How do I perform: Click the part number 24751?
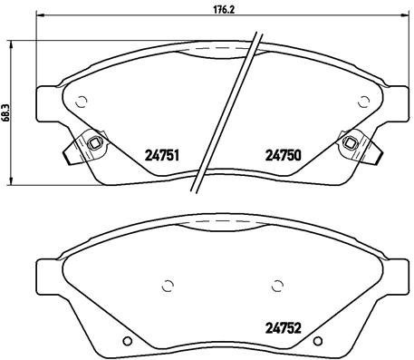(163, 154)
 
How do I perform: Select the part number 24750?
(284, 154)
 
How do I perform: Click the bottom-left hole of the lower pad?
(128, 341)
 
